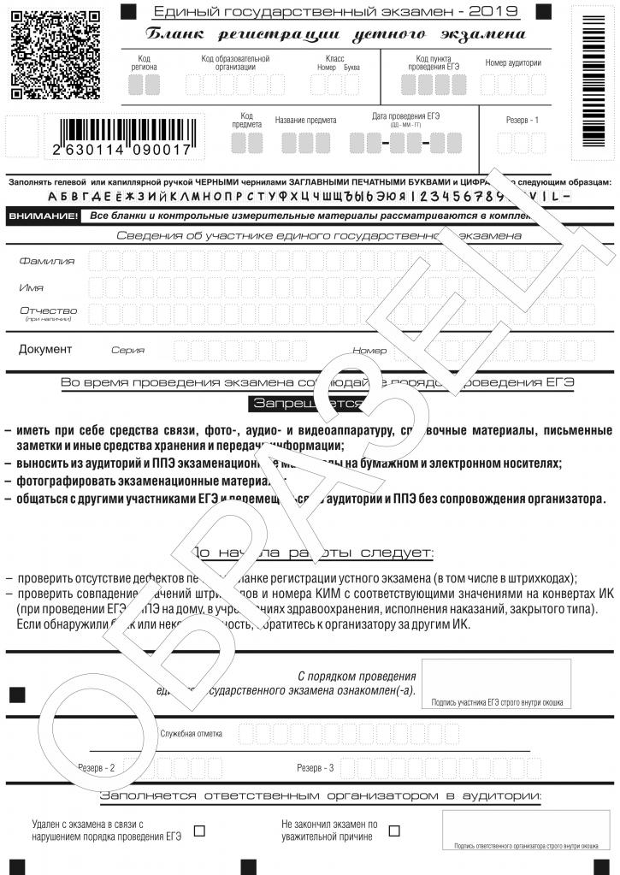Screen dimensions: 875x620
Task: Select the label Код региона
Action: tap(144, 62)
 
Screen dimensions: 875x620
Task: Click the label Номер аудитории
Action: tap(513, 63)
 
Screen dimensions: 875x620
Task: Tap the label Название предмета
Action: tap(305, 121)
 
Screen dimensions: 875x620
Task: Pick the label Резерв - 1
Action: tap(522, 120)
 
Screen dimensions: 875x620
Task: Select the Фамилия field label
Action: tap(46, 261)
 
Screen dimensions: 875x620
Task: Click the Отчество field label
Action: tap(48, 310)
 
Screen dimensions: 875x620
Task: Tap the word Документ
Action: tap(45, 349)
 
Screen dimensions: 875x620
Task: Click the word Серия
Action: tap(127, 350)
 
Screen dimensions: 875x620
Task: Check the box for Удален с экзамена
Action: tap(199, 830)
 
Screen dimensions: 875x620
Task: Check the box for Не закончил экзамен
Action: tap(394, 830)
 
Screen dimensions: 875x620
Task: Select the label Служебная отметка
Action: tap(191, 733)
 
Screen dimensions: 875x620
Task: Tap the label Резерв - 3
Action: tap(315, 767)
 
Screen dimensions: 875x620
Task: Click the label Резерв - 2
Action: tap(96, 767)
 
